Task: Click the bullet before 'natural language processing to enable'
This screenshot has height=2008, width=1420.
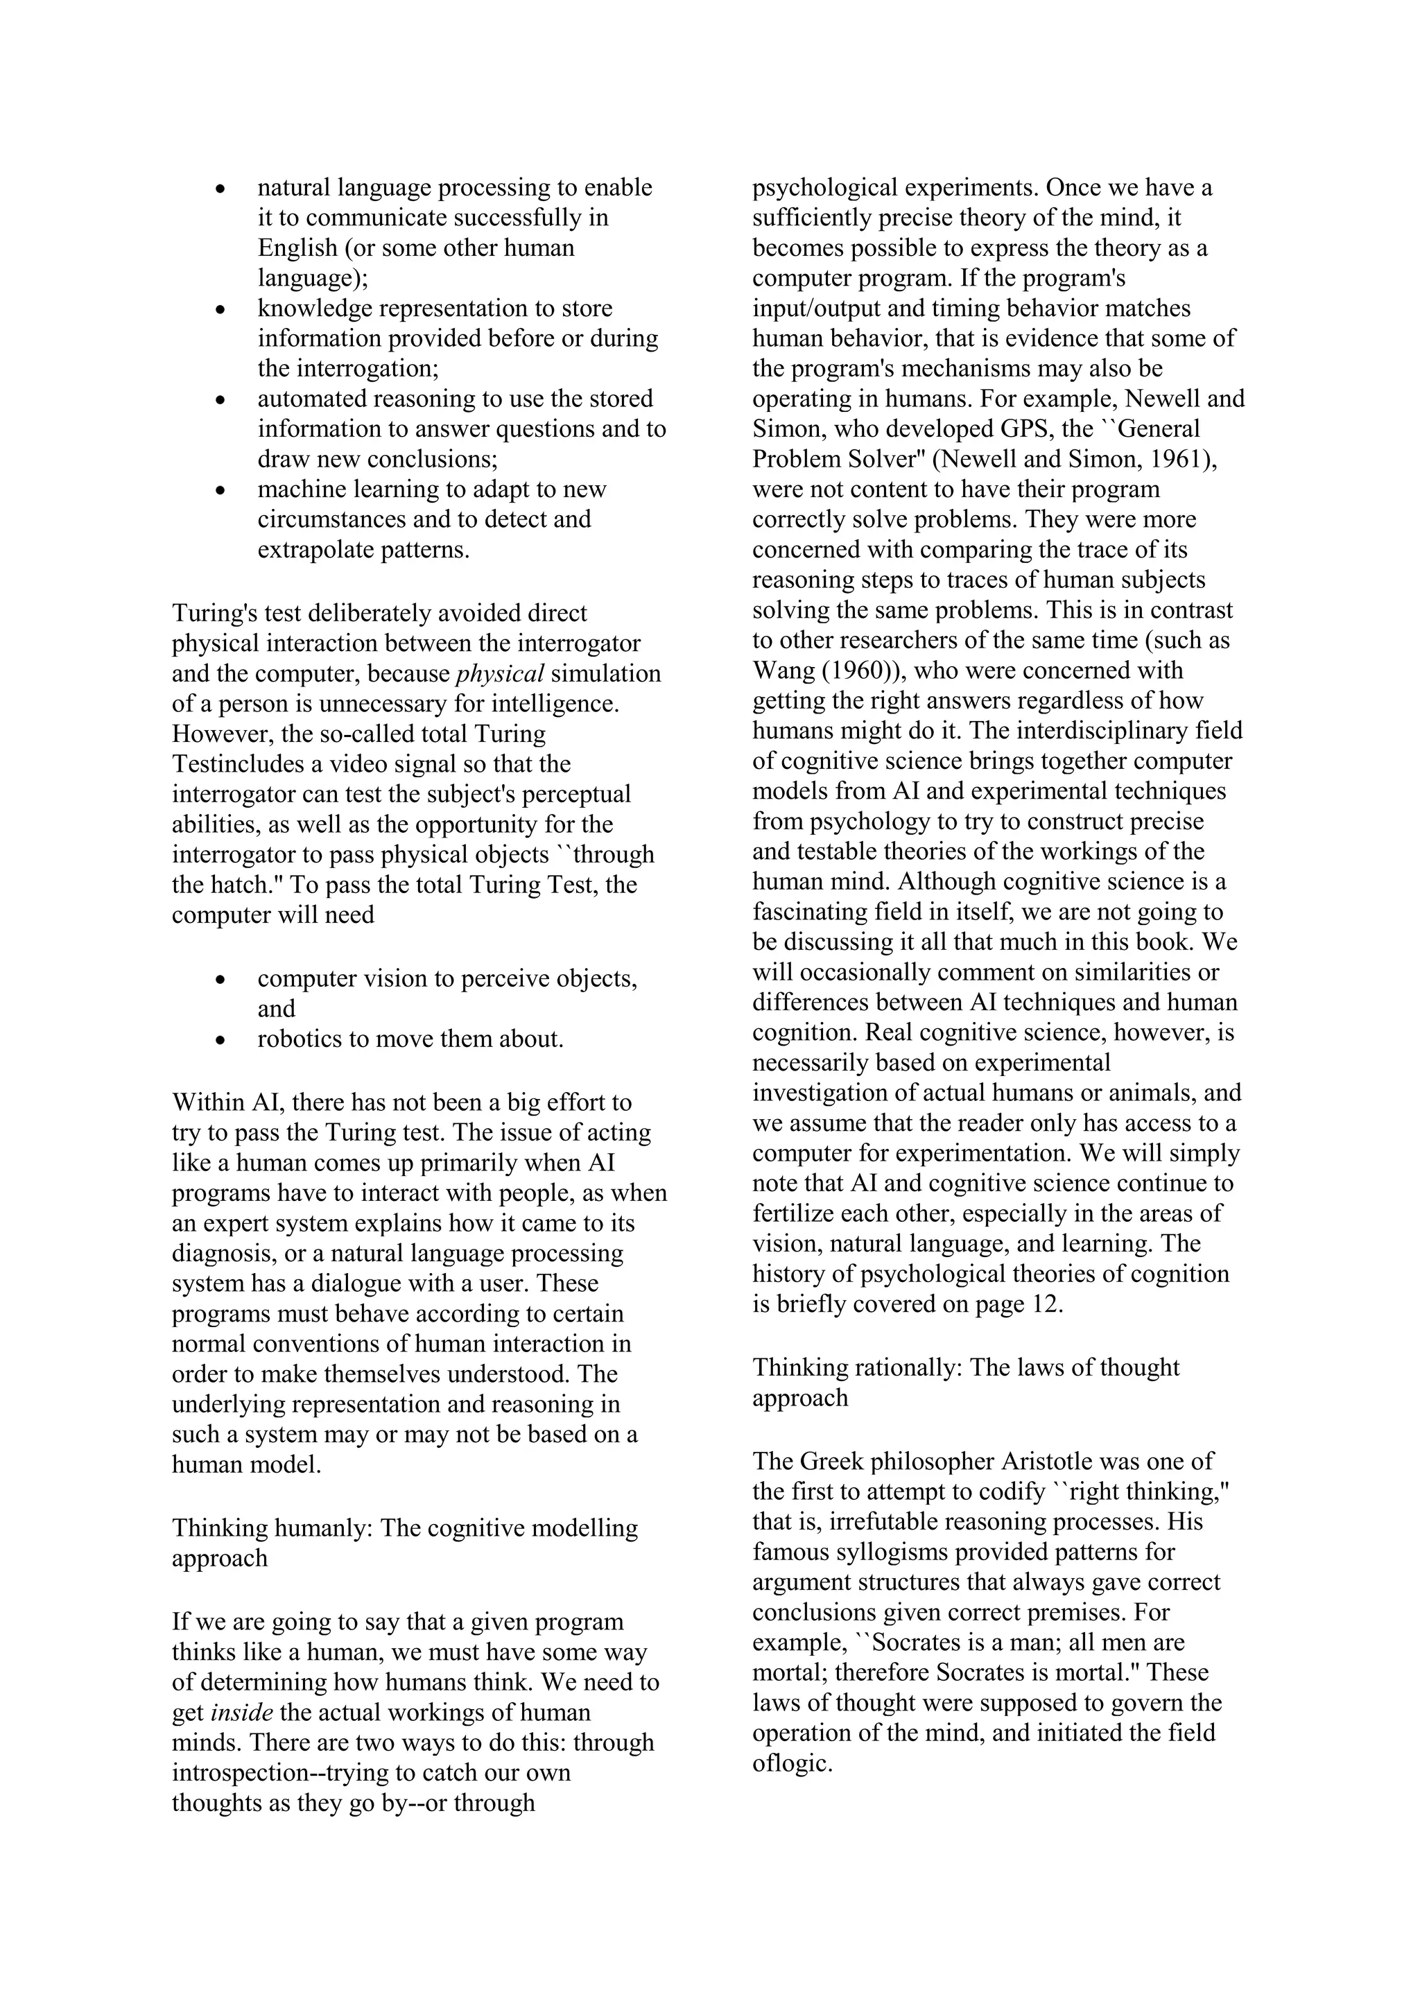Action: (x=221, y=189)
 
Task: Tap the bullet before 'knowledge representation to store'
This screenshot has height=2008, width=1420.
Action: (x=221, y=310)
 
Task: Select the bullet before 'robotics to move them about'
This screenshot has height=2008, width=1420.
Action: (x=221, y=1041)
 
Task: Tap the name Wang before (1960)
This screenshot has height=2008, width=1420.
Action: (x=783, y=670)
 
